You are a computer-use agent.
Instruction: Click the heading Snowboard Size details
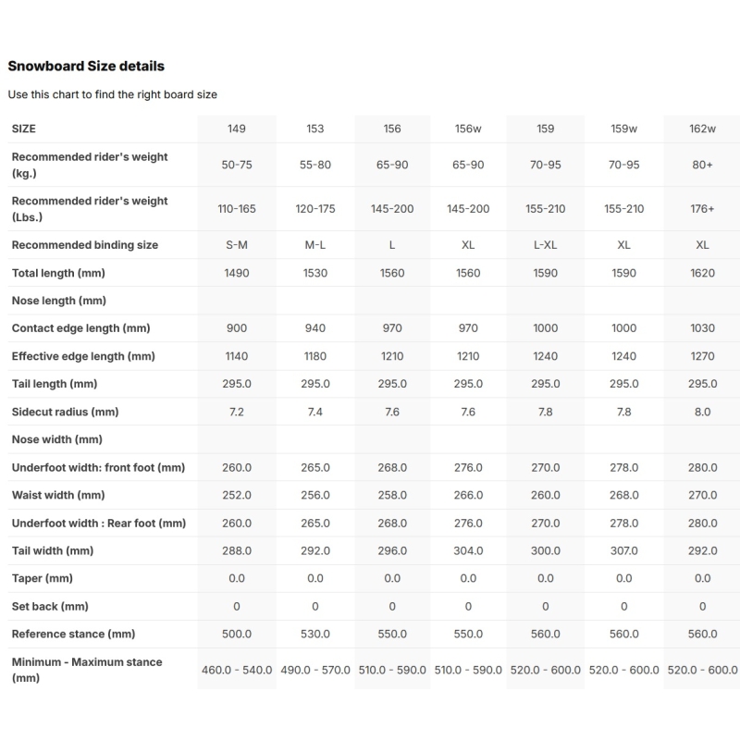86,66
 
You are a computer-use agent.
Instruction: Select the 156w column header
468,129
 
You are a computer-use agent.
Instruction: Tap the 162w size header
702,129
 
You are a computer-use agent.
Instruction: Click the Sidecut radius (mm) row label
65,412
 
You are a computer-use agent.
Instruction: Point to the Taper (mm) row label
42,578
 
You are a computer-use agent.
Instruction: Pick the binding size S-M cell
237,245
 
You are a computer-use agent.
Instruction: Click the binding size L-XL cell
546,245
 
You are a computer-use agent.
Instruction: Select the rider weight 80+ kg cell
702,165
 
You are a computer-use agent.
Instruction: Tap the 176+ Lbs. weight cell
702,209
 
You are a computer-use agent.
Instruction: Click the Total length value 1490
237,273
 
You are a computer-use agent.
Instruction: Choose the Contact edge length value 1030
702,328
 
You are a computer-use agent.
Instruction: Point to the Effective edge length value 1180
315,356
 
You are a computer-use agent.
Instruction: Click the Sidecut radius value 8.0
702,412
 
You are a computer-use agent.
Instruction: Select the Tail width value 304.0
468,550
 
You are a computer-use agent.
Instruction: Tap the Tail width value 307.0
624,550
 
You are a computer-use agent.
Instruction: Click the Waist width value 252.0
237,495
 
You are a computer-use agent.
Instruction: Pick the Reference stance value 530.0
315,634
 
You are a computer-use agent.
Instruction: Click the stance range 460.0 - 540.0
237,670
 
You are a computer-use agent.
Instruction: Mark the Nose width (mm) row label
56,439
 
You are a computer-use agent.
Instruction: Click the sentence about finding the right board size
112,94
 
